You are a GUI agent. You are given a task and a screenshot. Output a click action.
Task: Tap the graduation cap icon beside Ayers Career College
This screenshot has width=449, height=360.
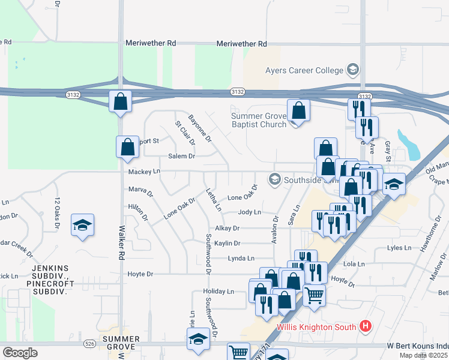click(352, 70)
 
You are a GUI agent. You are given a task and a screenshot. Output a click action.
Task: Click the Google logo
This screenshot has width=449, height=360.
click(20, 353)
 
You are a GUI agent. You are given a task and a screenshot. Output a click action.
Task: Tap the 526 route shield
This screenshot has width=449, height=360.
click(89, 343)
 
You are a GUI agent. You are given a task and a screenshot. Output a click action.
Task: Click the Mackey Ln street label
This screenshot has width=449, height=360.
click(144, 172)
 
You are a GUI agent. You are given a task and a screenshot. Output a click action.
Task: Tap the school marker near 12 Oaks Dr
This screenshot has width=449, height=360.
click(82, 226)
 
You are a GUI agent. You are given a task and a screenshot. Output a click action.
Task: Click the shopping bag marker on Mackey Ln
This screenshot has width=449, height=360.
click(127, 148)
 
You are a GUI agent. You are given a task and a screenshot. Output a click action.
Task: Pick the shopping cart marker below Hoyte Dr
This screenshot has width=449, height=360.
click(315, 296)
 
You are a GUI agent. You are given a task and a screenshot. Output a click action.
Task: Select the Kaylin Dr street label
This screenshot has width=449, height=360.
click(228, 243)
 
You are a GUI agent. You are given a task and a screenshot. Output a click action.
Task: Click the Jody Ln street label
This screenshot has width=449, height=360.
click(249, 212)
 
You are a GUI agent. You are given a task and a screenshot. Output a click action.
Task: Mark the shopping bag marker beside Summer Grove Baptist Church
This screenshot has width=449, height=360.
click(298, 112)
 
